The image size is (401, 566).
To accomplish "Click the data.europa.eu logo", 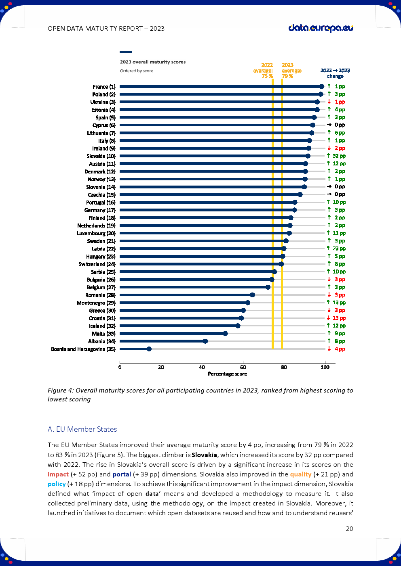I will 321,28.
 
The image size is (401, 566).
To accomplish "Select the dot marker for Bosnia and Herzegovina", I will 149,349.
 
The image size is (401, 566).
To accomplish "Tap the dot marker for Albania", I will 205,341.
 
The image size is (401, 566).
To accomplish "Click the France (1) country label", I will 104,87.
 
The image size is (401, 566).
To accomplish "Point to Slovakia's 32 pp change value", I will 339,156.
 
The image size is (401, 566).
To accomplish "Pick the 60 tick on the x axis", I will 243,367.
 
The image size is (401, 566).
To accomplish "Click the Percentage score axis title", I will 227,374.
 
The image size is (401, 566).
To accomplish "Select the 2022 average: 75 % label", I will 264,71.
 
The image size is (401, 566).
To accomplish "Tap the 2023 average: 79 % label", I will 291,71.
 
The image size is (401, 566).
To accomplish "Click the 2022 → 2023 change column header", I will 335,73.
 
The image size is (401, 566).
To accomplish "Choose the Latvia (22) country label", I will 103,249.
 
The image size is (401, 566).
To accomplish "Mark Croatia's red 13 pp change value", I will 339,318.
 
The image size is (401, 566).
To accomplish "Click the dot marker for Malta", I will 225,334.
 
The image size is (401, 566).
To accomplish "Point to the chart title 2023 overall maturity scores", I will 153,62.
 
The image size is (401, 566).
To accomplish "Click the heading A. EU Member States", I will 82,429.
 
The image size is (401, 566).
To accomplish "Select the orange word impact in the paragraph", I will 58,474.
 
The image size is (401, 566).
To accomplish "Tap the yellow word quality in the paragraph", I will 300,474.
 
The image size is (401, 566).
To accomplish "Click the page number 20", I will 349,528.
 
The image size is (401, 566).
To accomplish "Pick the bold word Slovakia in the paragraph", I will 204,455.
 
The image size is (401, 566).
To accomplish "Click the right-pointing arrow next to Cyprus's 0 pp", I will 329,125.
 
